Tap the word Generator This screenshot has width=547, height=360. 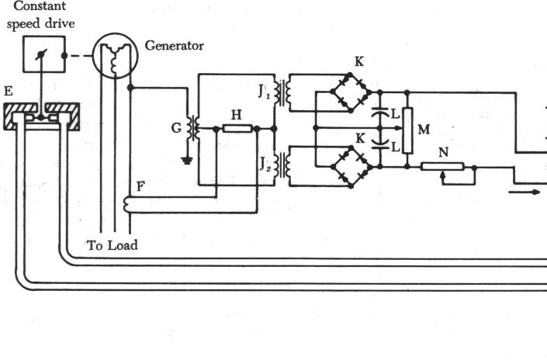[x=175, y=46]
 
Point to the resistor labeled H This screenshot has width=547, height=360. [x=237, y=127]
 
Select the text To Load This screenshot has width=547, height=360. [x=112, y=245]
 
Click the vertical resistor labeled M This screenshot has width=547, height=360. [x=406, y=131]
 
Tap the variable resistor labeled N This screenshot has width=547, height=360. [x=443, y=166]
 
